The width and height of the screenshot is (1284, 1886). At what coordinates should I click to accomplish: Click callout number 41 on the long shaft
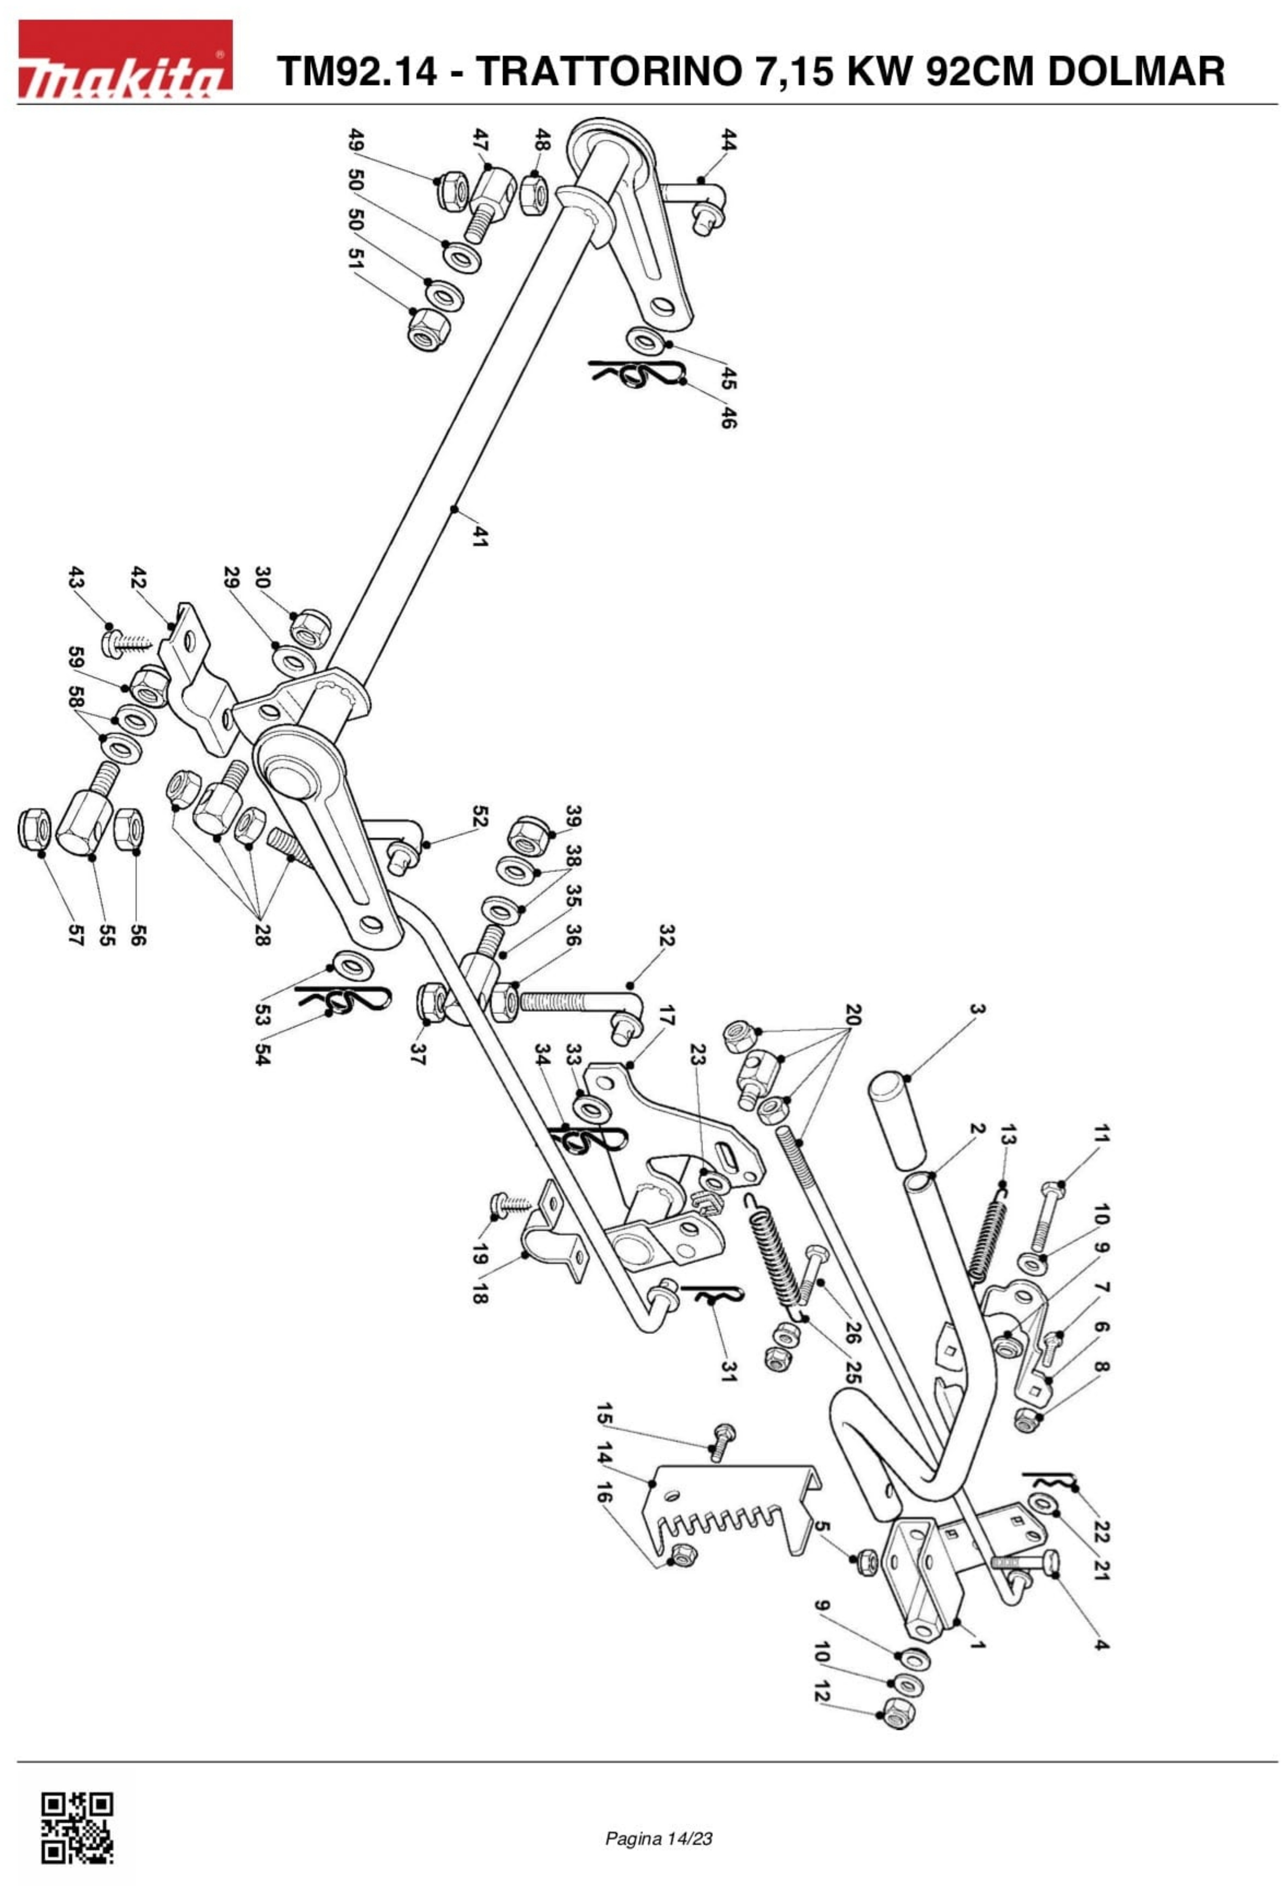coord(480,536)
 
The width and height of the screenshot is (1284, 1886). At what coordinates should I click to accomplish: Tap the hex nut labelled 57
coord(34,829)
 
